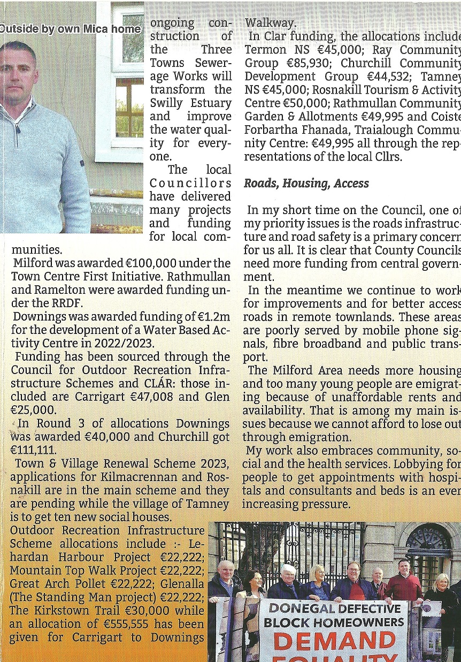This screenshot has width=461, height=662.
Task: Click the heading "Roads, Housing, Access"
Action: coord(306,184)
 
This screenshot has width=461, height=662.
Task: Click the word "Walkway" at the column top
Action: coord(270,23)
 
